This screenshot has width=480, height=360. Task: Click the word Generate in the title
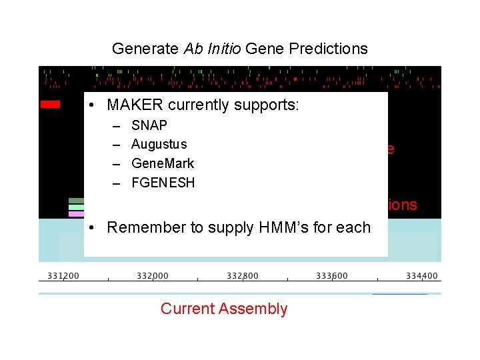click(x=138, y=49)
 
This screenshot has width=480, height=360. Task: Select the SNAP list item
click(x=149, y=125)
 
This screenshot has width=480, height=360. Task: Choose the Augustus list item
click(x=159, y=144)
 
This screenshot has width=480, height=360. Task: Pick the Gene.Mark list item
click(x=163, y=163)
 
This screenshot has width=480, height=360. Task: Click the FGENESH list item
click(x=163, y=183)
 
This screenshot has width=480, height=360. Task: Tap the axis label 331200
click(x=63, y=276)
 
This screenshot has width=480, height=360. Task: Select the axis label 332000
click(x=153, y=276)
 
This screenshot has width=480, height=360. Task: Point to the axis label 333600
click(x=331, y=276)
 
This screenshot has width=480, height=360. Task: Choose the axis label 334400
click(x=421, y=276)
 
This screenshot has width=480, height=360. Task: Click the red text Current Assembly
click(x=224, y=309)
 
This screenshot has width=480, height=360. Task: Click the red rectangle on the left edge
click(x=50, y=104)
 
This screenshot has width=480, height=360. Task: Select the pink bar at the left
click(x=76, y=214)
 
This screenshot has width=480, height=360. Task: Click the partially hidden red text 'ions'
click(x=403, y=205)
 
